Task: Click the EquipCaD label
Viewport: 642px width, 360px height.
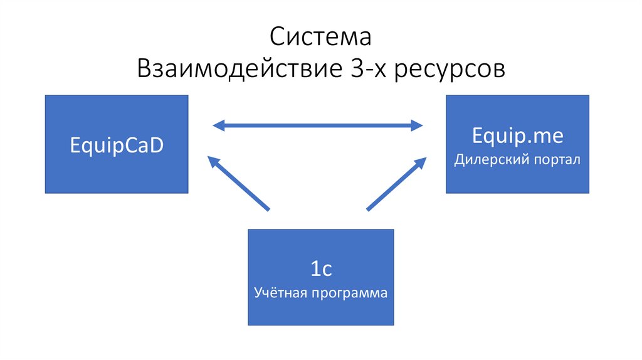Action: click(116, 146)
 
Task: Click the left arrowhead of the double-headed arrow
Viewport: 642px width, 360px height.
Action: click(219, 125)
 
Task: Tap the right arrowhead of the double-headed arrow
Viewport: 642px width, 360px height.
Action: click(416, 125)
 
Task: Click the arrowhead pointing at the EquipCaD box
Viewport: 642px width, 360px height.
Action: click(213, 162)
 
